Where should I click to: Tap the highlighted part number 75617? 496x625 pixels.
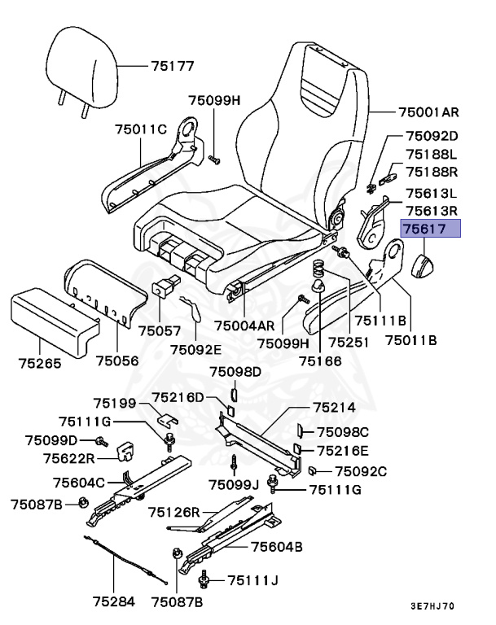pos(428,230)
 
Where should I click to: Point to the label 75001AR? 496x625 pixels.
pos(428,111)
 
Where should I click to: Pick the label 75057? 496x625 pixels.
pos(160,331)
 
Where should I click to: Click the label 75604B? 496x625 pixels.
pos(277,547)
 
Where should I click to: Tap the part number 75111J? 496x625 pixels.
pos(253,580)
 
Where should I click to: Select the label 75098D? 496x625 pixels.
pos(235,372)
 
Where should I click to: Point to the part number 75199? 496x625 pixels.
pos(115,403)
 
